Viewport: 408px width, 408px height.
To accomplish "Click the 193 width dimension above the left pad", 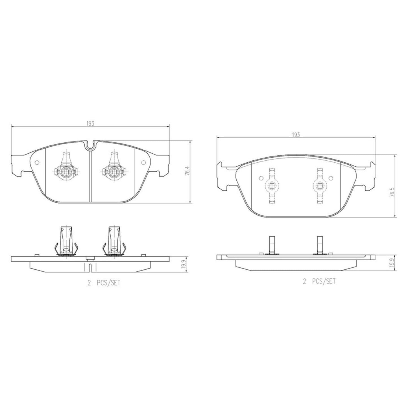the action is (90, 124).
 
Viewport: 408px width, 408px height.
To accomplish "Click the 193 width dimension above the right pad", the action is (296, 135).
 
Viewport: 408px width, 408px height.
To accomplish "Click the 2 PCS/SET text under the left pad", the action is (104, 283).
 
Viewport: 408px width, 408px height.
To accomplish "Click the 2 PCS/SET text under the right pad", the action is (320, 281).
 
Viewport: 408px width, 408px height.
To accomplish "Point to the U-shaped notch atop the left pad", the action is (90, 145).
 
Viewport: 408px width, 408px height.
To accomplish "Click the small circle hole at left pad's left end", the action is (37, 163).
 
